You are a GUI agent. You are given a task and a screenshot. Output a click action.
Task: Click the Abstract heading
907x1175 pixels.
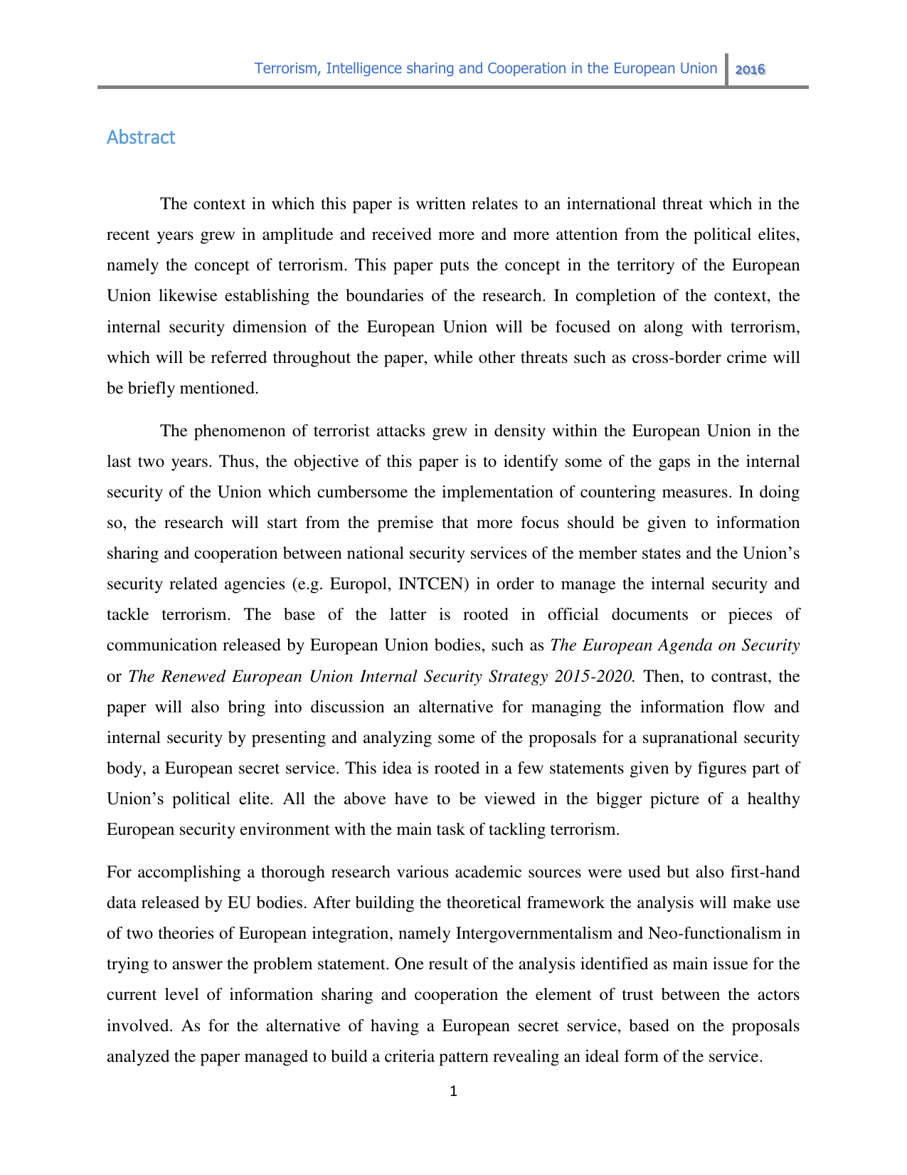(141, 137)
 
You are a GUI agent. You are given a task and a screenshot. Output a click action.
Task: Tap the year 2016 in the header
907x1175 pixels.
(750, 70)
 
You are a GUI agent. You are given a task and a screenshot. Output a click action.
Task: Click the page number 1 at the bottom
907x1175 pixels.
(453, 1091)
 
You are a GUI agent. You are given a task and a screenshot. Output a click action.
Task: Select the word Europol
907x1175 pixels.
(361, 584)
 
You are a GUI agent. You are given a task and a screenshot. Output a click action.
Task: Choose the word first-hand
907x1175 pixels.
(763, 873)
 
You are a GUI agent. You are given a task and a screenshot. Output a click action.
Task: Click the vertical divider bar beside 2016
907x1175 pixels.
(727, 70)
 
